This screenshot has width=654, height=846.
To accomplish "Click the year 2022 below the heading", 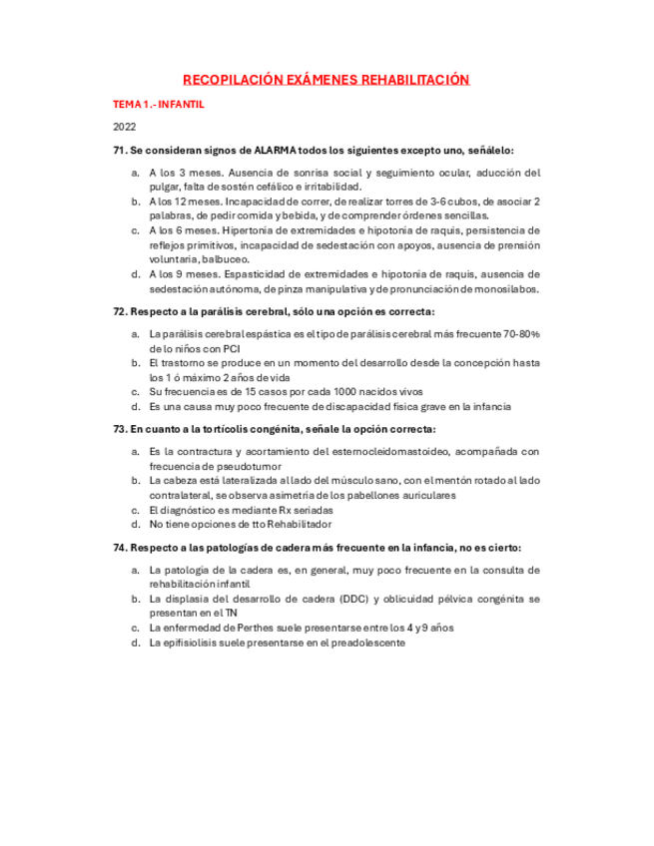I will [x=124, y=127].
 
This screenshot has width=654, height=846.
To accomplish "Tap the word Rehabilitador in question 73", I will [x=301, y=524].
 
